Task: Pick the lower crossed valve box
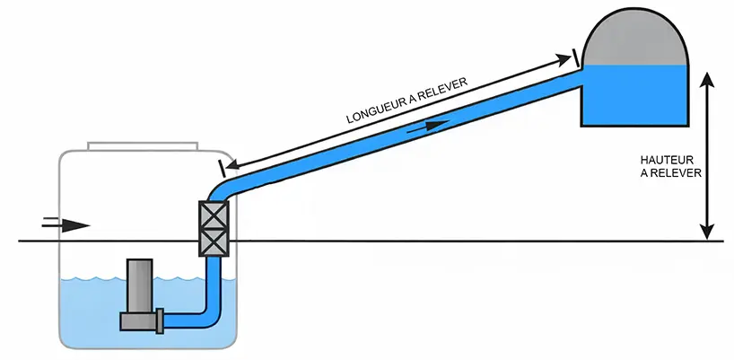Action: (215, 241)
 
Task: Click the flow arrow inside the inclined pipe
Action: (429, 126)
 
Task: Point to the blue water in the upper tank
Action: (636, 94)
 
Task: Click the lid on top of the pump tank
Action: (143, 145)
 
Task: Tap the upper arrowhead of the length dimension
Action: (566, 60)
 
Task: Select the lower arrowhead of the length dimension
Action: (232, 165)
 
